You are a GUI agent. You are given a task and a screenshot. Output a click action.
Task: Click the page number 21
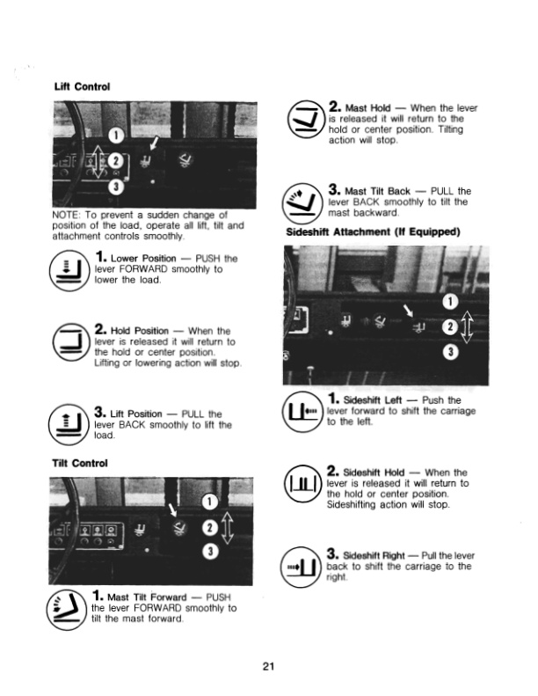(269, 664)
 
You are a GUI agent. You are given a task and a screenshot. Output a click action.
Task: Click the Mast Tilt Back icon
(307, 201)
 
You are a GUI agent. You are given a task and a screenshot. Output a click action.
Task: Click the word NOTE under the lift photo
(69, 214)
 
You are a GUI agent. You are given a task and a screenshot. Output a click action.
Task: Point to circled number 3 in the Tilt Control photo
(208, 552)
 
